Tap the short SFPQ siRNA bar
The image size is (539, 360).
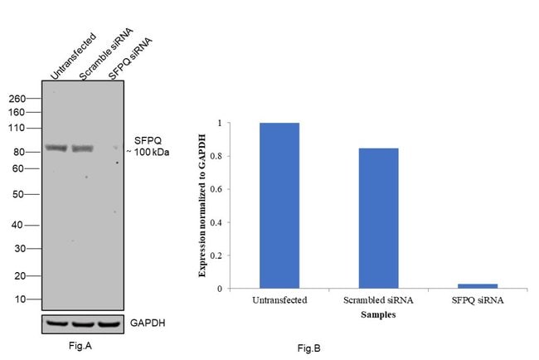(478, 286)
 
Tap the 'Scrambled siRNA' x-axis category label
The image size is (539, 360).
(378, 300)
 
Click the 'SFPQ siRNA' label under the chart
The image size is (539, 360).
(478, 300)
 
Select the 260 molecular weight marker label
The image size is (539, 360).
(18, 98)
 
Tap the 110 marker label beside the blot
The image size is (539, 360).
(18, 129)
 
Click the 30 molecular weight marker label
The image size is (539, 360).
(21, 249)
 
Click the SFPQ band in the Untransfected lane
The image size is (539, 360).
(56, 148)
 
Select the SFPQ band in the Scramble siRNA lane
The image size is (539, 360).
(83, 148)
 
